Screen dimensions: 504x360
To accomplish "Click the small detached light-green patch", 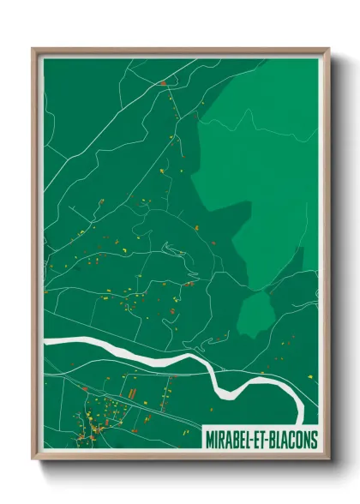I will pos(256,314).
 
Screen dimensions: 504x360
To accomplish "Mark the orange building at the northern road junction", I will pos(162,83).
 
